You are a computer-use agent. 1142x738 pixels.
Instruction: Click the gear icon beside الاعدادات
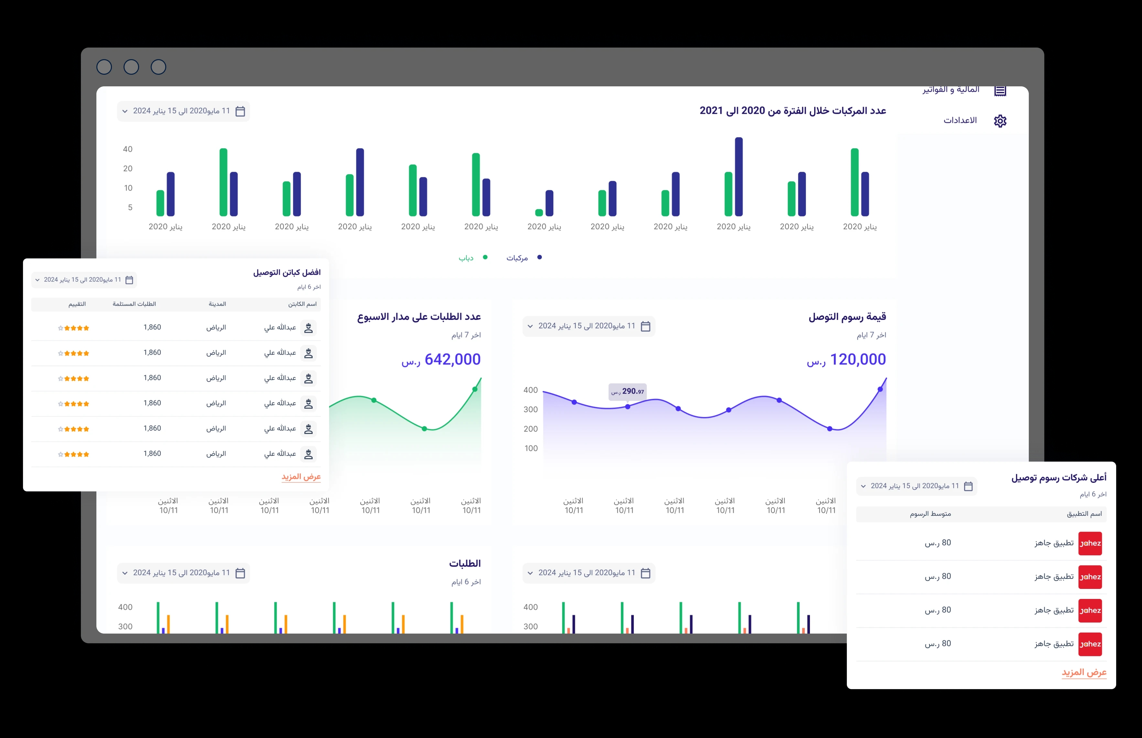[1000, 121]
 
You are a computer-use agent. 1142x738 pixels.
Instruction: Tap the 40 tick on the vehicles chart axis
[127, 149]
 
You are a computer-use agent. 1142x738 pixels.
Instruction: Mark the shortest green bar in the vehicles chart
[539, 212]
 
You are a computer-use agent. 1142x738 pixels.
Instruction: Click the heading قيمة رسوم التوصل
[847, 317]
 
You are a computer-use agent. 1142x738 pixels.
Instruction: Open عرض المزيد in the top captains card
[301, 476]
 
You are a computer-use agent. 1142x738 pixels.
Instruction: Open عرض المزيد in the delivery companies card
[1083, 672]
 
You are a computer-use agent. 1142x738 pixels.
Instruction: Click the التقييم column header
[77, 304]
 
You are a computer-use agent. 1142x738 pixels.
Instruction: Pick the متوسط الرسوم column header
[930, 514]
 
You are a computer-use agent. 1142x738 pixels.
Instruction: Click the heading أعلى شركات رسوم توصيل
[1058, 477]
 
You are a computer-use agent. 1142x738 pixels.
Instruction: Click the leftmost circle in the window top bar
[104, 67]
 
